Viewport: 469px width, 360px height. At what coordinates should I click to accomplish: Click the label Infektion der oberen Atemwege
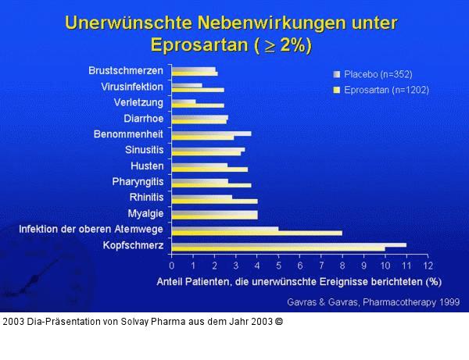click(91, 230)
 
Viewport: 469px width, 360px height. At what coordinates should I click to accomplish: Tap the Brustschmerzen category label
click(127, 71)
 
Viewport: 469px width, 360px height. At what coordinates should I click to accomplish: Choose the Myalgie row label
click(145, 213)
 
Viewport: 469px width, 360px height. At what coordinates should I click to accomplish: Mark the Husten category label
click(147, 166)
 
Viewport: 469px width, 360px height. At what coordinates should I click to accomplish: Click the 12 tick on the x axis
click(428, 266)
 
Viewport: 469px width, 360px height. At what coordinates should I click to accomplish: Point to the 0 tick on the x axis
click(172, 266)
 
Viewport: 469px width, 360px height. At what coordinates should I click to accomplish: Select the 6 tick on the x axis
click(299, 266)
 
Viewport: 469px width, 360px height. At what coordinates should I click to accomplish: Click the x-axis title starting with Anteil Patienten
click(299, 280)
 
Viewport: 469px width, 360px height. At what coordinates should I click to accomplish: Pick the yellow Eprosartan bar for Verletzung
click(197, 105)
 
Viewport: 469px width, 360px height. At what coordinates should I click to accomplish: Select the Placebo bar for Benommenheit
click(211, 134)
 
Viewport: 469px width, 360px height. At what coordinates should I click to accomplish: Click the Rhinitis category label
click(146, 198)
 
